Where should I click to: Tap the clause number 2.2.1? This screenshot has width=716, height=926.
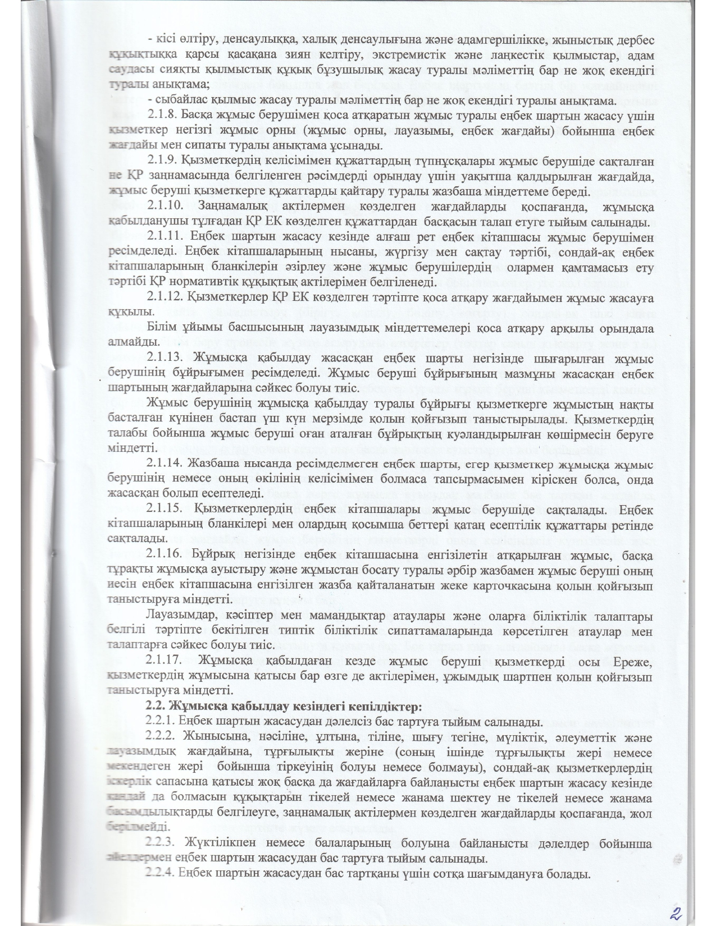(161, 721)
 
